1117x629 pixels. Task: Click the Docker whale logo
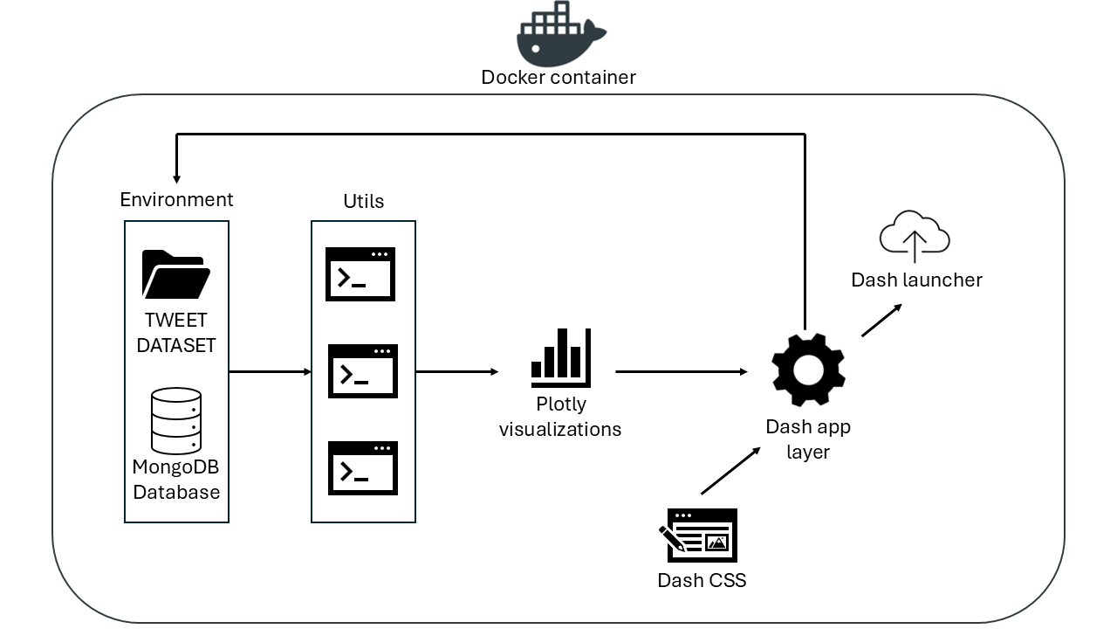pos(559,34)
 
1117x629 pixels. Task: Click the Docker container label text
pos(558,77)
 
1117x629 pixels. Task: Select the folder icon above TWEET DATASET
pos(175,274)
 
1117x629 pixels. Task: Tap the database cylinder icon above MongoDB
pos(176,421)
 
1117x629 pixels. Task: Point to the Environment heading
pos(176,199)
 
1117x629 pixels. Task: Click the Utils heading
pos(363,201)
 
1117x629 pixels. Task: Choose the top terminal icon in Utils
pos(360,274)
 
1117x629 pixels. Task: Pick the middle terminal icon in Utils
pos(362,371)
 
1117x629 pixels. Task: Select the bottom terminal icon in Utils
pos(362,468)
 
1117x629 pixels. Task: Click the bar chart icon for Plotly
pos(561,358)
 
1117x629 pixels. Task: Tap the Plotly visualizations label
pos(560,417)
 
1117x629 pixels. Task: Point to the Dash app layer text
pos(808,439)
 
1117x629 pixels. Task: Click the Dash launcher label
pos(916,280)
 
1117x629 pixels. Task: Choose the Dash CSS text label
pos(702,580)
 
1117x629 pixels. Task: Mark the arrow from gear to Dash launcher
pos(882,320)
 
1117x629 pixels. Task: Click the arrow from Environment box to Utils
pos(270,372)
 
